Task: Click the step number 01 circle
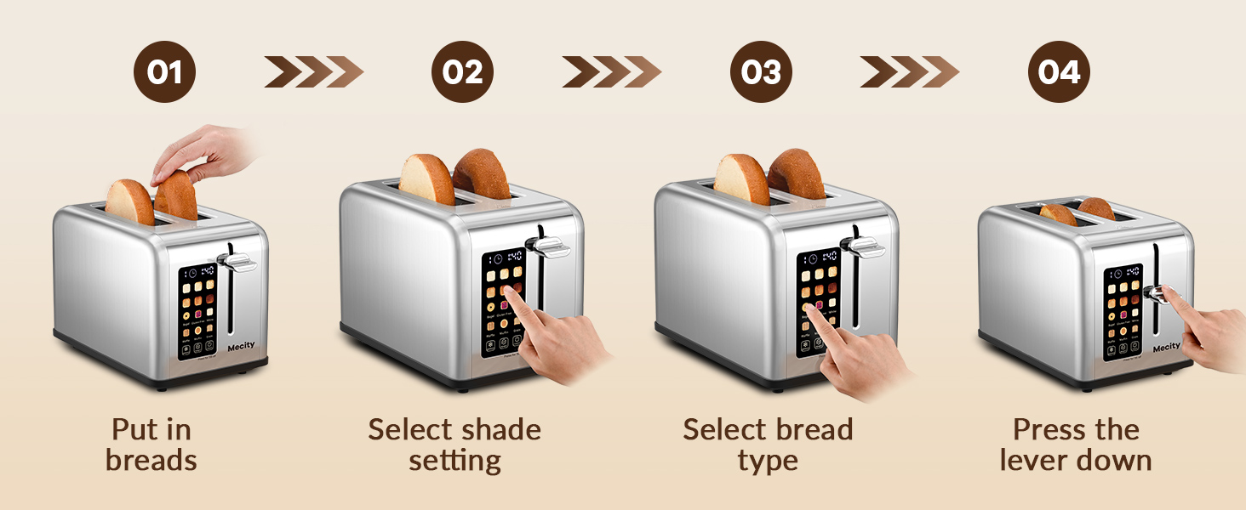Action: [x=164, y=72]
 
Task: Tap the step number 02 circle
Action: [x=462, y=72]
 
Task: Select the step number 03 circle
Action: [x=761, y=72]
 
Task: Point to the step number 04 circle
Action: [x=1059, y=72]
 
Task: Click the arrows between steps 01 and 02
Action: [x=313, y=72]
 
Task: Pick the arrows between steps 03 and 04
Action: [x=909, y=72]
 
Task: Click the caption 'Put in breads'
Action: [x=151, y=445]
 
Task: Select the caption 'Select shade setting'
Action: [x=454, y=445]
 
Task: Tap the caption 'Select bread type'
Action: [x=768, y=445]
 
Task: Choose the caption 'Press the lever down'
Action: [x=1076, y=445]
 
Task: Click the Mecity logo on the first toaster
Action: [x=241, y=346]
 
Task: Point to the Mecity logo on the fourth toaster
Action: [x=1166, y=347]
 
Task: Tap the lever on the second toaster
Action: [x=548, y=247]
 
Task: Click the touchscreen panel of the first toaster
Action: [x=197, y=310]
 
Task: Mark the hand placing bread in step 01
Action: [x=204, y=153]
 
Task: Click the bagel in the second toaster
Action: [x=481, y=176]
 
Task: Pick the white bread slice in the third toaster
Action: [x=741, y=180]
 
